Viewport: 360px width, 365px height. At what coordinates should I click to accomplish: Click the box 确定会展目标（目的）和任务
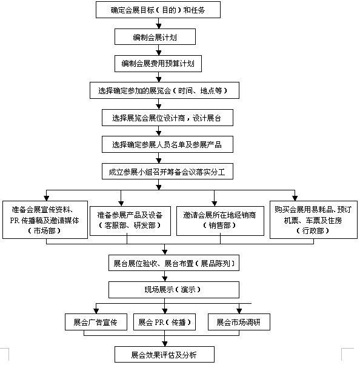pos(158,10)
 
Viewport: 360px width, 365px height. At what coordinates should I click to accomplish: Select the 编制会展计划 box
pos(155,37)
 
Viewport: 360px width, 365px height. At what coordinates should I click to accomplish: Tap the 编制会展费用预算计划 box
pos(158,64)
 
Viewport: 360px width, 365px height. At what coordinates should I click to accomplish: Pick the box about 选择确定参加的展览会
pos(164,90)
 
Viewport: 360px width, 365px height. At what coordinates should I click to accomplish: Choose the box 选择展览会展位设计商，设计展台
pos(167,118)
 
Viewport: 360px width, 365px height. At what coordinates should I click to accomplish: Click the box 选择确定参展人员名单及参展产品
pos(167,144)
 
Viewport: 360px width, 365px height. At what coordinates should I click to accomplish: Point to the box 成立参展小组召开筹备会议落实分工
pos(167,172)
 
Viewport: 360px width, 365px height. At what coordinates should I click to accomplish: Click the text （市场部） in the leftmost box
pos(44,230)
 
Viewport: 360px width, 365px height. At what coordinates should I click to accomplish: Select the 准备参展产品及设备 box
pos(130,221)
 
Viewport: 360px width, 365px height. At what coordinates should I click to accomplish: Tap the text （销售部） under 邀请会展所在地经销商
pos(219,225)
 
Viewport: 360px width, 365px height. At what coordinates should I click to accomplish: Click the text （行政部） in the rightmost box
pos(313,230)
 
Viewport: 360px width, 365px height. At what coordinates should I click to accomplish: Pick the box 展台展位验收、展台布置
pos(174,263)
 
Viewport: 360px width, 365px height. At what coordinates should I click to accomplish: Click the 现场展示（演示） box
pos(174,290)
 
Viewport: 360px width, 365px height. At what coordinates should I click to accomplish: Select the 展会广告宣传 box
pos(96,322)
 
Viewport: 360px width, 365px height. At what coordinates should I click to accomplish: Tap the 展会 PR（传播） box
pos(164,322)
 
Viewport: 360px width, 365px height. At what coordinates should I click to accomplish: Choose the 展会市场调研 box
pos(239,322)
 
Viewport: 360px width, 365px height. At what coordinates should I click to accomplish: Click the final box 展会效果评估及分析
pos(164,354)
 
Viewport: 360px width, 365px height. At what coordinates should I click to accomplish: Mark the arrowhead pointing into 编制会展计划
pos(158,26)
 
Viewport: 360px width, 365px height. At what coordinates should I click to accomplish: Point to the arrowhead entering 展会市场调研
pos(239,311)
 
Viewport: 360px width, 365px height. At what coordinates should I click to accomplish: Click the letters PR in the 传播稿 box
pos(15,220)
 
